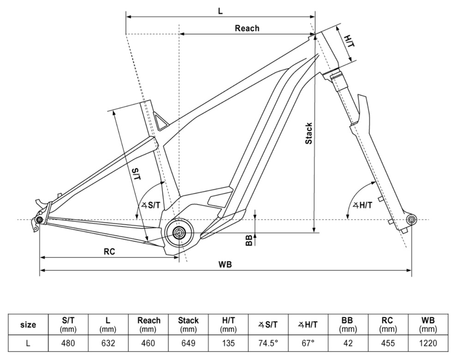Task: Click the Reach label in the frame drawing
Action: [247, 28]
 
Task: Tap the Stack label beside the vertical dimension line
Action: [309, 133]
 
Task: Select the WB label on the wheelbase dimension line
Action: [225, 264]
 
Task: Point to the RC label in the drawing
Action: [109, 252]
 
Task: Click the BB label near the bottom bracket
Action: [249, 240]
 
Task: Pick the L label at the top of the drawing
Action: [221, 12]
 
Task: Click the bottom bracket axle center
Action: [179, 232]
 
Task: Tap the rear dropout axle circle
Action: [39, 220]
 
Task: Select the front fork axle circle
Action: [411, 219]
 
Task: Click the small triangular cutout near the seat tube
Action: [161, 121]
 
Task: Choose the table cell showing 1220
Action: [428, 343]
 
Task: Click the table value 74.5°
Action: [268, 343]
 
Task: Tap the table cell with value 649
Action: [188, 343]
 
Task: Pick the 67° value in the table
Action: [308, 343]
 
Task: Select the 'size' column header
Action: [28, 324]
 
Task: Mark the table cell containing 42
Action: [348, 343]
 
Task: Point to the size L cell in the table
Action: [28, 343]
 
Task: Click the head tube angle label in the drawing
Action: [362, 205]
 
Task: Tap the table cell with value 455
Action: [388, 343]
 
